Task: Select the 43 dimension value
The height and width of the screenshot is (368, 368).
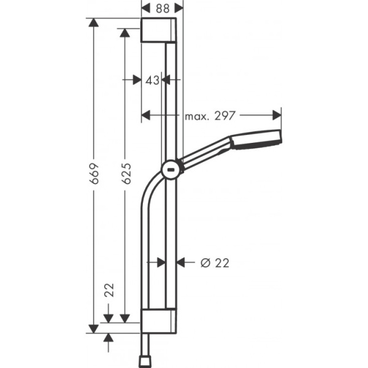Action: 152,80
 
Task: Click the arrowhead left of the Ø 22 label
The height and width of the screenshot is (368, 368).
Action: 181,263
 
